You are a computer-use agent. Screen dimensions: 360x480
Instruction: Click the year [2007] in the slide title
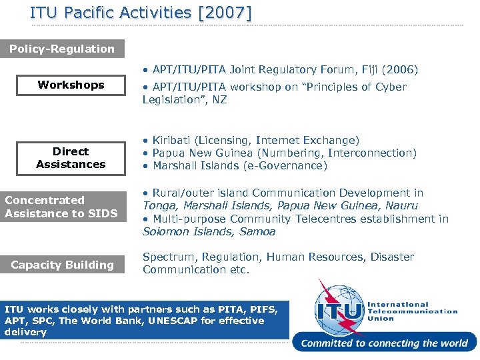coord(225,13)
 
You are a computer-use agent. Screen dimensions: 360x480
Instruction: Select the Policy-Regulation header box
coord(62,49)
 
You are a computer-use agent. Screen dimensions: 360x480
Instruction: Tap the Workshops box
coord(71,85)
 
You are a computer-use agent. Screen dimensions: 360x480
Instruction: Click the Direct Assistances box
coord(71,158)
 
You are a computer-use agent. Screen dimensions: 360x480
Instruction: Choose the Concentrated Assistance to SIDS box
coord(62,207)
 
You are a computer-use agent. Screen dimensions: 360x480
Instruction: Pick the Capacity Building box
coord(63,265)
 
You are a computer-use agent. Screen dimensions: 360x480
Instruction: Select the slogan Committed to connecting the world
coord(385,343)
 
